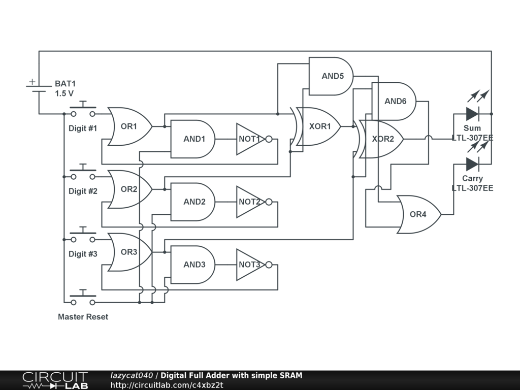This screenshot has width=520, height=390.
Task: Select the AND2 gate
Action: (x=193, y=202)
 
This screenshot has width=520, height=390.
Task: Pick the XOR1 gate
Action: (x=318, y=126)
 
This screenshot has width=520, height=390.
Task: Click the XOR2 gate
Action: (x=382, y=139)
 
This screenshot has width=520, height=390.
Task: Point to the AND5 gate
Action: (x=332, y=76)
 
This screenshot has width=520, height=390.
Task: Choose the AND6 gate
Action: (x=395, y=101)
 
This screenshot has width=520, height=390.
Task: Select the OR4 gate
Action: (x=418, y=214)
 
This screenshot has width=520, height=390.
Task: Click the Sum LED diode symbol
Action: (x=472, y=114)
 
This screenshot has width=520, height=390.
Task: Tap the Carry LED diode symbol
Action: (x=472, y=164)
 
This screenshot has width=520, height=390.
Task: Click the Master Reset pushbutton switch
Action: (x=83, y=300)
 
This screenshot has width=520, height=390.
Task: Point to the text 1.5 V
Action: (x=64, y=93)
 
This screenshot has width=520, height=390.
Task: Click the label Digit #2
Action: (x=83, y=191)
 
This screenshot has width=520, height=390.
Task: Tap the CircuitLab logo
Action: (x=55, y=380)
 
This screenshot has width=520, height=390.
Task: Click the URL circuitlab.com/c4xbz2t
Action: (x=167, y=385)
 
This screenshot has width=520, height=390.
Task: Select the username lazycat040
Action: (x=132, y=376)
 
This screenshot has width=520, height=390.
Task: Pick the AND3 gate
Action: (x=193, y=265)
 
